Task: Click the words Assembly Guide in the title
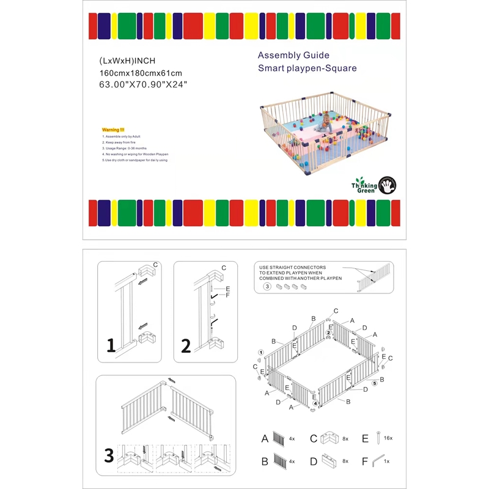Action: [293, 55]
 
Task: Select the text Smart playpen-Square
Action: [307, 68]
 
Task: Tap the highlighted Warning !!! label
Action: [112, 130]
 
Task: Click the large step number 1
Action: [111, 346]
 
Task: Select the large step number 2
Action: [186, 346]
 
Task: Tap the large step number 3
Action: [109, 455]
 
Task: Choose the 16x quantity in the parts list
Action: [389, 438]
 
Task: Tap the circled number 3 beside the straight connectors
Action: [267, 285]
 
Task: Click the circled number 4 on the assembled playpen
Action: [315, 403]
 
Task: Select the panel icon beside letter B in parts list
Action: [281, 460]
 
